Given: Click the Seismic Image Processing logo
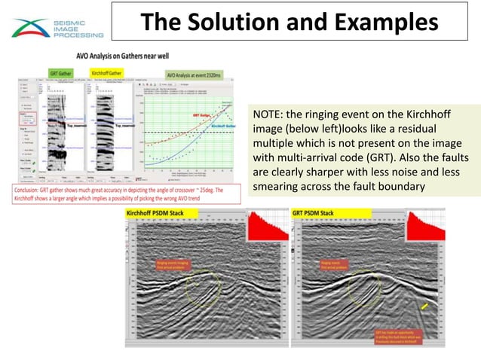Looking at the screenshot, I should (57, 29).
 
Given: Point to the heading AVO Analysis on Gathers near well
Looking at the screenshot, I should (120, 56).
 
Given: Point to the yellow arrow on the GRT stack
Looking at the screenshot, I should (426, 307).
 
